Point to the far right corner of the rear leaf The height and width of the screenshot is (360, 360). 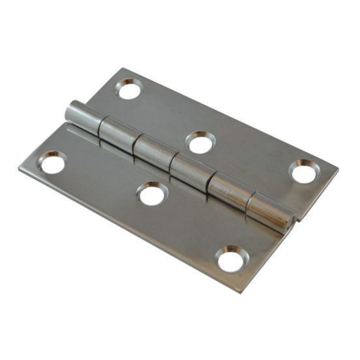click(338, 169)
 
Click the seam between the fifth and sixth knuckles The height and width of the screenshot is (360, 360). click(249, 203)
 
